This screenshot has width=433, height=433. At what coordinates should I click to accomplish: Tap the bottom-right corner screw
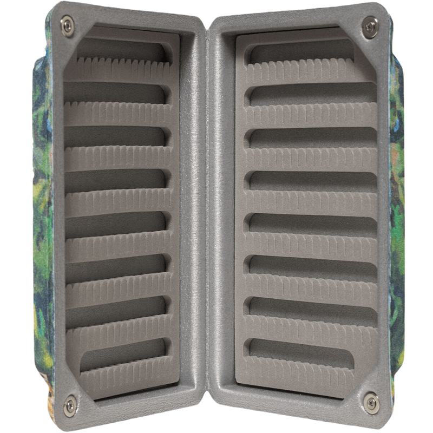371,401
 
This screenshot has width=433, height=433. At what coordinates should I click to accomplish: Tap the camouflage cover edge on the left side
42,216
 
